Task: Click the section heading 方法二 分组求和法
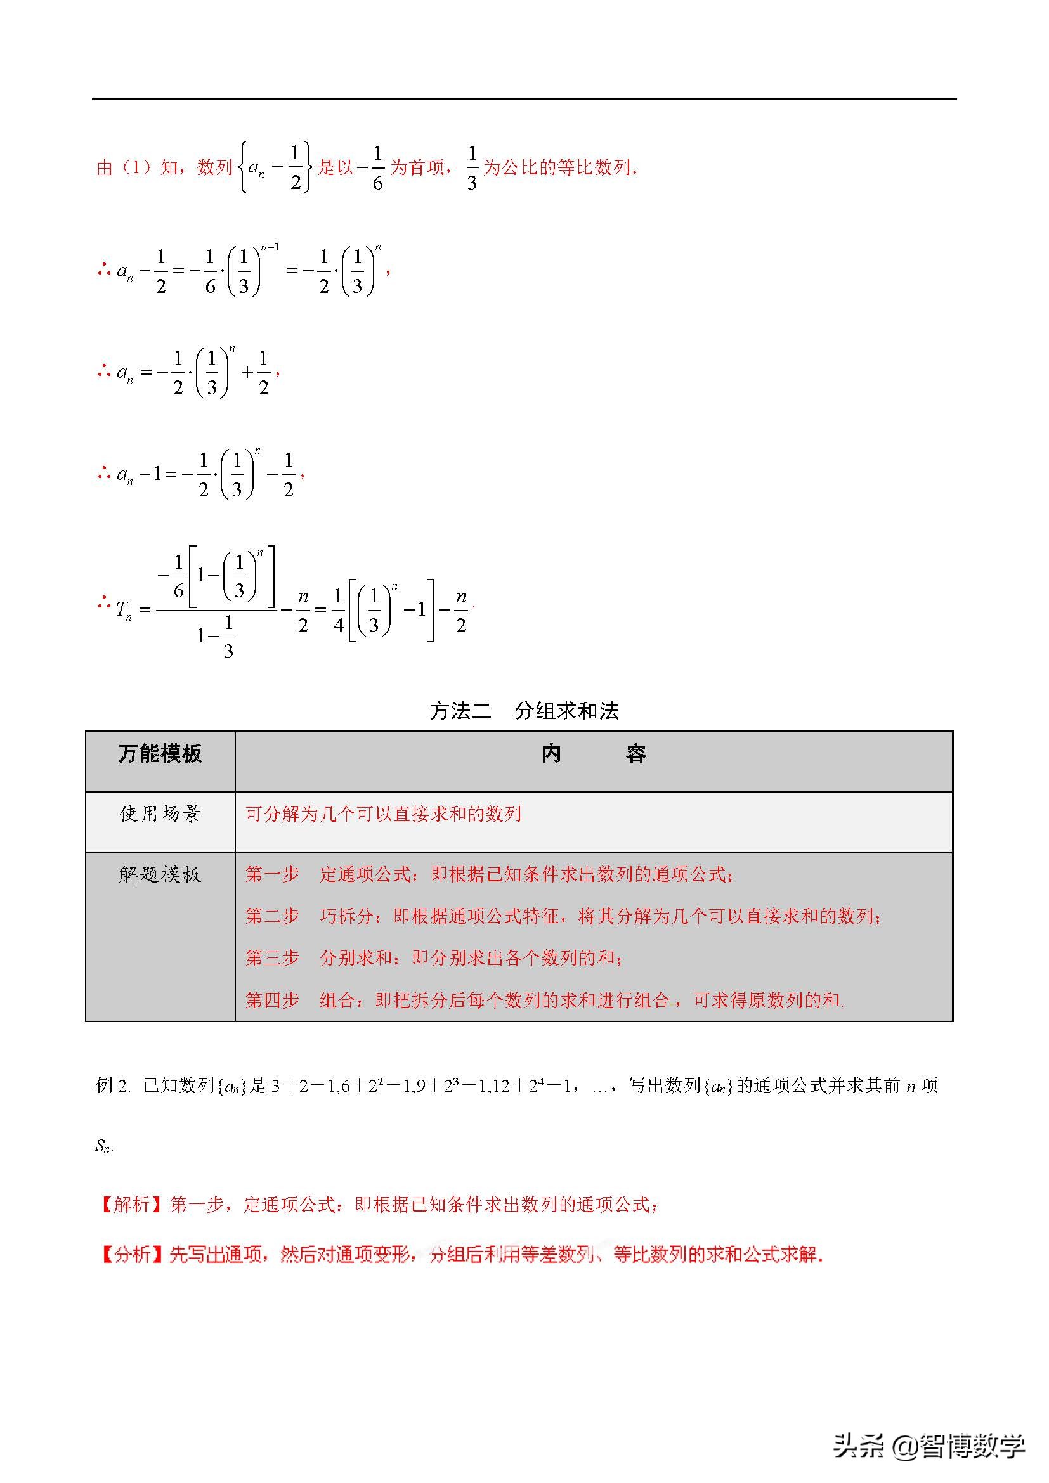524,711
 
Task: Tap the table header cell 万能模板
160,754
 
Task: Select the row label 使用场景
160,813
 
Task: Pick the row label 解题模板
160,874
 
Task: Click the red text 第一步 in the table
272,874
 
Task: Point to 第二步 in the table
272,916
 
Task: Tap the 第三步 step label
272,957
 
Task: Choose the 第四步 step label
272,1000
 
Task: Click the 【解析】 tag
133,1204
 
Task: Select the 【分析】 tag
133,1254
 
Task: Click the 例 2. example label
113,1085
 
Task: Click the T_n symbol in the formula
124,609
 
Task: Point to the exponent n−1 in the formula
270,247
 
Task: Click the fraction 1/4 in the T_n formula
338,609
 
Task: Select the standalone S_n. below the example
104,1146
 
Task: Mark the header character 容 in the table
635,754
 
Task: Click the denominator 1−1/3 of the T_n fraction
216,636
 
